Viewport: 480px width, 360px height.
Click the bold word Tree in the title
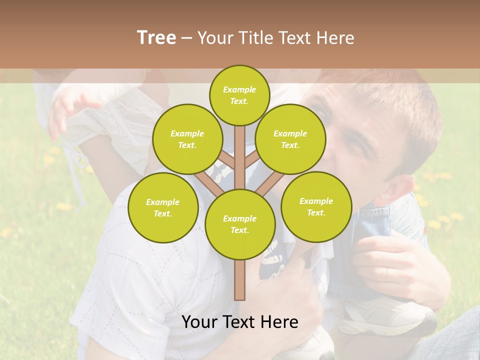coord(156,37)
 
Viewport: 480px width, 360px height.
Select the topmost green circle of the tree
coord(239,95)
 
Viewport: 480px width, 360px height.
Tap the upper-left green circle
coord(187,139)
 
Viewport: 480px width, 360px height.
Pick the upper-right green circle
coord(290,139)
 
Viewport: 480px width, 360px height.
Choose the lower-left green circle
coord(162,207)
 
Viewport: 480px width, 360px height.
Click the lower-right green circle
coord(316,206)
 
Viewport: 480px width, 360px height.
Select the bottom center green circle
coord(239,224)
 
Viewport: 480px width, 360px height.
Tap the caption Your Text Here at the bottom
coord(239,322)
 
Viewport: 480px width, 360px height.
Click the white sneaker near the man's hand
coord(390,315)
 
